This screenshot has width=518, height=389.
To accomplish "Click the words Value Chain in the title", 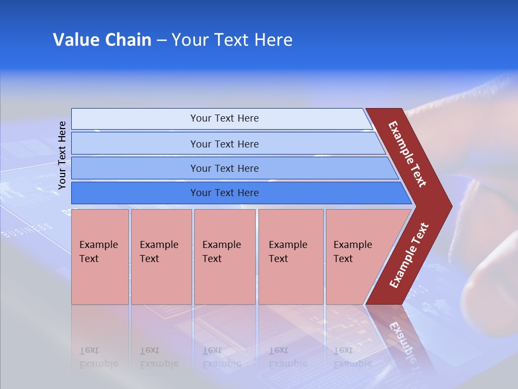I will (x=102, y=40).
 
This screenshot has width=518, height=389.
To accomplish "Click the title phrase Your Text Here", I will (x=232, y=40).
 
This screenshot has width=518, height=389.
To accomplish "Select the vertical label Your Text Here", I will (x=62, y=155).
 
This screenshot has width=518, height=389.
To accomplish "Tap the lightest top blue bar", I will (x=224, y=118).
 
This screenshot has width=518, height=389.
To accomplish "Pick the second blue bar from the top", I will (x=224, y=144).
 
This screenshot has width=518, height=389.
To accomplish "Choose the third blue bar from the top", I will (x=224, y=168).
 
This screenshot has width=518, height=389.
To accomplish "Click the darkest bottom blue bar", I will (x=224, y=193).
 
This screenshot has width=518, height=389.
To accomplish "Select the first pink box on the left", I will (x=100, y=257).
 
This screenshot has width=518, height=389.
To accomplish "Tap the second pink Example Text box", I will (x=161, y=257).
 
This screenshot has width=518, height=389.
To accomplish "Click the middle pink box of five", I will (x=224, y=257).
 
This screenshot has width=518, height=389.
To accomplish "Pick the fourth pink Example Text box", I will (x=290, y=257).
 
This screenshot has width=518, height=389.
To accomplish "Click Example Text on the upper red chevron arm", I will (x=407, y=154).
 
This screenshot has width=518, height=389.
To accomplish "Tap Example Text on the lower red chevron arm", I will (x=409, y=255).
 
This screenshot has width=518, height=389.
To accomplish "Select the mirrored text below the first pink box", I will (x=98, y=357).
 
